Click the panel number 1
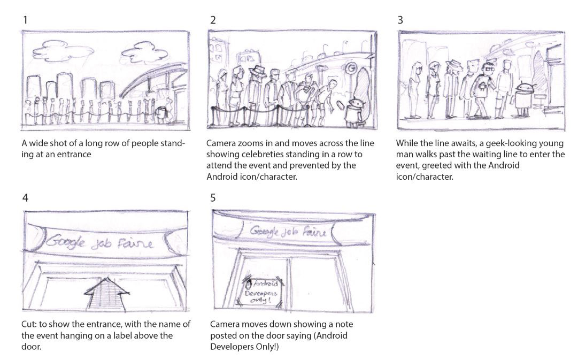click(25, 20)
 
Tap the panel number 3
click(400, 20)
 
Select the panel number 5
click(213, 198)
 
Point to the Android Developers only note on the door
click(263, 292)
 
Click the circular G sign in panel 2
click(351, 68)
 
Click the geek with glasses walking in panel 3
click(484, 90)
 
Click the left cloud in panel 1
click(66, 50)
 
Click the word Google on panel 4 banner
click(66, 242)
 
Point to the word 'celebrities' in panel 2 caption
click(257, 154)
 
